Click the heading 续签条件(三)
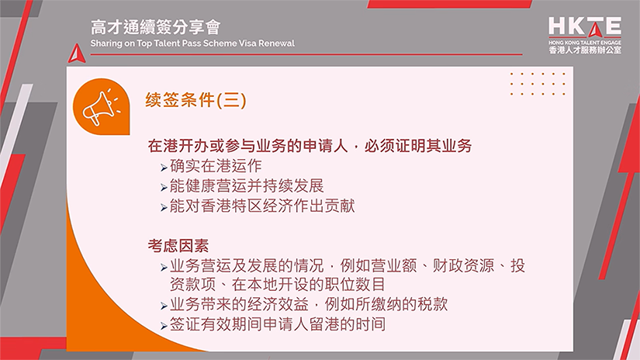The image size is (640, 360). click(x=196, y=101)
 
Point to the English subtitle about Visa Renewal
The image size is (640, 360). click(x=192, y=43)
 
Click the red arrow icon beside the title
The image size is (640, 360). click(x=75, y=53)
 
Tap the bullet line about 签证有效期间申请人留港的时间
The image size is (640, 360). click(x=277, y=324)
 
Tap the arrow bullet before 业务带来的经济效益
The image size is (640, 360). click(x=164, y=306)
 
